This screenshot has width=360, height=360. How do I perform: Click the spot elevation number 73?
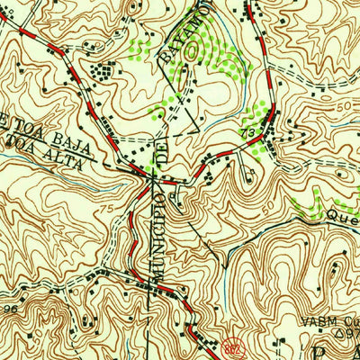248,132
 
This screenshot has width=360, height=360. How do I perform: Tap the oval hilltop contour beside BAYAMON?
192,52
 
